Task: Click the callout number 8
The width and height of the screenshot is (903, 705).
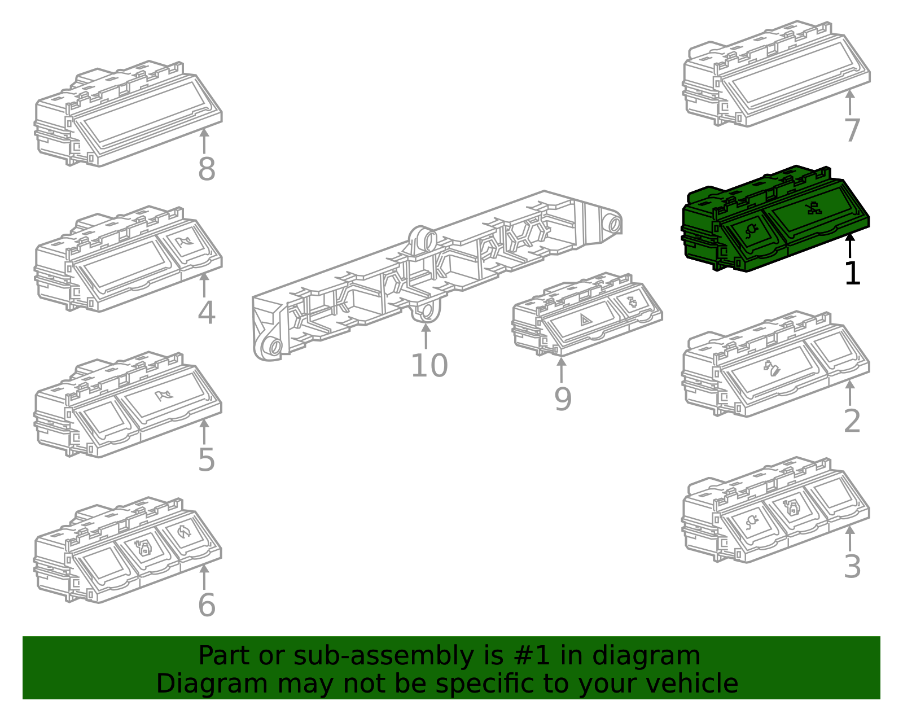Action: click(x=207, y=169)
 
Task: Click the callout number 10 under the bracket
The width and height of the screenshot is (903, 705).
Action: click(x=429, y=366)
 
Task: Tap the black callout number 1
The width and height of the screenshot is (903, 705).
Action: click(x=852, y=274)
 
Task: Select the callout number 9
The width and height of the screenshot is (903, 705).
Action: click(x=562, y=399)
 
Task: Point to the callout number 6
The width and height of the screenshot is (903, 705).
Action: click(x=207, y=605)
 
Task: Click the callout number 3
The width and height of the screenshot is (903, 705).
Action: click(x=852, y=567)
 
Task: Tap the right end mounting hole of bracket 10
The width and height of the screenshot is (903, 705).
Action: click(x=614, y=224)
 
